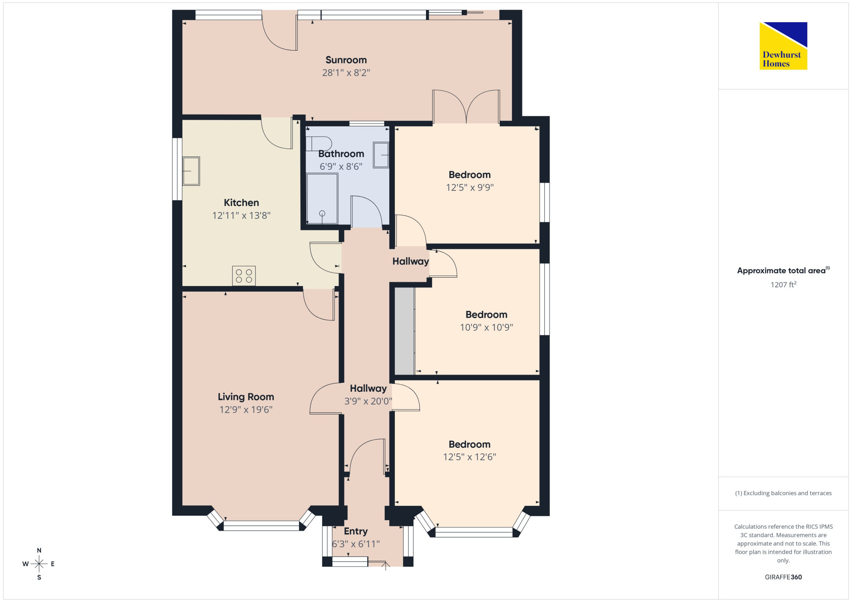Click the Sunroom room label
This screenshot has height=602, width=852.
(346, 60)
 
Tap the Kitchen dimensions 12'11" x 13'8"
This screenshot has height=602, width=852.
(242, 215)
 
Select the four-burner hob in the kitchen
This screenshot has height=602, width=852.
(244, 275)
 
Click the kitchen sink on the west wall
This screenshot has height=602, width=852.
(191, 171)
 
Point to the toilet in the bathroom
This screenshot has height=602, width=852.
(319, 143)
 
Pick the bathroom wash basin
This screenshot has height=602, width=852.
(381, 155)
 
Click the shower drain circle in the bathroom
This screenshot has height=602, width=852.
(322, 213)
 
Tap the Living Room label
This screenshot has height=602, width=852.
(246, 397)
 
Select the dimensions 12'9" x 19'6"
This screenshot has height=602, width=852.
(246, 410)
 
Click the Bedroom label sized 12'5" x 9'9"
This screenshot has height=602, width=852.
(469, 175)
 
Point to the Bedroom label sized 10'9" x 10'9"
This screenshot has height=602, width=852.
(486, 315)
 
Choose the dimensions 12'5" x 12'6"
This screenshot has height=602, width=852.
(469, 457)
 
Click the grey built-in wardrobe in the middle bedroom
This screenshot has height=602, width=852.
(405, 331)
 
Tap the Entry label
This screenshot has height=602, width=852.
(356, 531)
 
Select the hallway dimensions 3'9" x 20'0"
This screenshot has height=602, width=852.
(368, 401)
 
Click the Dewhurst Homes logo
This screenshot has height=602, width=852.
(783, 46)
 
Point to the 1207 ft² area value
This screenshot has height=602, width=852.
(783, 284)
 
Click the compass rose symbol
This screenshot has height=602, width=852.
(39, 564)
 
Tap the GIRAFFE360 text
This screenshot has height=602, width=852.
(783, 577)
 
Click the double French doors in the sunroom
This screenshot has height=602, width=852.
(466, 106)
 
